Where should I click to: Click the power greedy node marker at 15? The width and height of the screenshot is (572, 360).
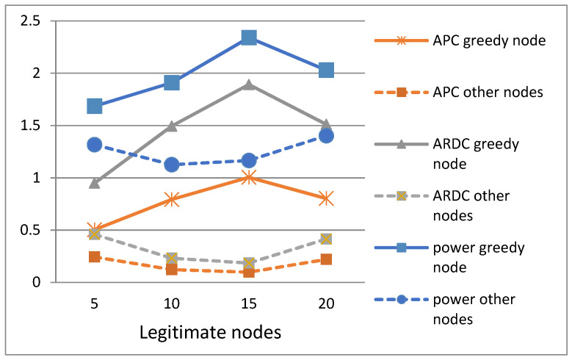[x=249, y=37]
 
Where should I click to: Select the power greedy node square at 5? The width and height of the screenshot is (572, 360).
[x=95, y=107]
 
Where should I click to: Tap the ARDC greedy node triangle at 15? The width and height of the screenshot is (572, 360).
[x=249, y=84]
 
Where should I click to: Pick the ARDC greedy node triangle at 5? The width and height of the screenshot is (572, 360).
[x=95, y=183]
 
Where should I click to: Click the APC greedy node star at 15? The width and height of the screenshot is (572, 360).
[x=249, y=177]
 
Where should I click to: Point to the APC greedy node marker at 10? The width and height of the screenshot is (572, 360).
[x=172, y=199]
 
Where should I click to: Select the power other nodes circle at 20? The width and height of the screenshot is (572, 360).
[x=326, y=136]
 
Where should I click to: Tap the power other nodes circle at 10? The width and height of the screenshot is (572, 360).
[x=172, y=165]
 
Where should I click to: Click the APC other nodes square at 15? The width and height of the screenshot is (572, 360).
[x=249, y=272]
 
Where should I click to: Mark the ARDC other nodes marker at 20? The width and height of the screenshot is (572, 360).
[x=326, y=239]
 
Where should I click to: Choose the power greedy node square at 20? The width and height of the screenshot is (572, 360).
[x=326, y=70]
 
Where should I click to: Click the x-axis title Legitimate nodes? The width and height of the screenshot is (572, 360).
[x=211, y=332]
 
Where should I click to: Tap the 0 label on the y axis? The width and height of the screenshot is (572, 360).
[x=34, y=282]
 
